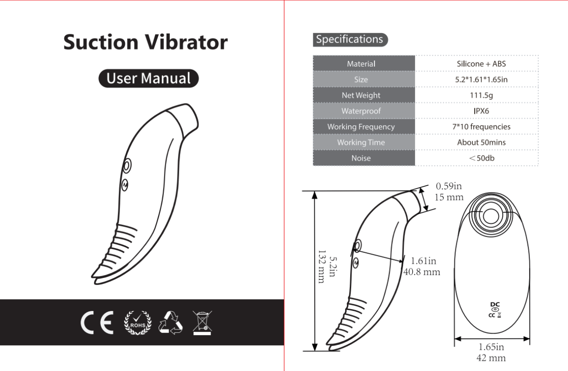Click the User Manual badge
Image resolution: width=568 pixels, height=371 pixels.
pyautogui.click(x=149, y=78)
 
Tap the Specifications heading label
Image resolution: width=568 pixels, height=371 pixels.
pyautogui.click(x=350, y=40)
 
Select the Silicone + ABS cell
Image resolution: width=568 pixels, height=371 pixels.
pyautogui.click(x=481, y=64)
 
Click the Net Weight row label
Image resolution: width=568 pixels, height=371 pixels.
pyautogui.click(x=361, y=95)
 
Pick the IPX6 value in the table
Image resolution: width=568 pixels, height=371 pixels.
pyautogui.click(x=481, y=111)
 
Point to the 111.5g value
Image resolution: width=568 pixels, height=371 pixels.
pyautogui.click(x=481, y=95)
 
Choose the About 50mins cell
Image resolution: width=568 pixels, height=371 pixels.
pyautogui.click(x=481, y=142)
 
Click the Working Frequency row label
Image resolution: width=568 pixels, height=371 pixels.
pyautogui.click(x=361, y=127)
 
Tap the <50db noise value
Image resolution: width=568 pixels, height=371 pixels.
pyautogui.click(x=481, y=158)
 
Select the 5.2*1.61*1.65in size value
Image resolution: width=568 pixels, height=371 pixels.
pyautogui.click(x=481, y=79)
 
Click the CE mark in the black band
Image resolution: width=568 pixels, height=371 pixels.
pyautogui.click(x=97, y=323)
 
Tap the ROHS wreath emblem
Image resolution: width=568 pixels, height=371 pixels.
pyautogui.click(x=138, y=323)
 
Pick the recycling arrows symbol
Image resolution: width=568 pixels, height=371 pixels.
pyautogui.click(x=170, y=323)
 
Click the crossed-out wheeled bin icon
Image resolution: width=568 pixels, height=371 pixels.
pyautogui.click(x=202, y=323)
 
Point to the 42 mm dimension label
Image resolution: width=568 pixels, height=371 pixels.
pyautogui.click(x=491, y=358)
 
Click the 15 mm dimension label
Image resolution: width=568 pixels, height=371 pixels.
pyautogui.click(x=449, y=197)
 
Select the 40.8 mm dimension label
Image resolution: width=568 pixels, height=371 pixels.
pyautogui.click(x=422, y=272)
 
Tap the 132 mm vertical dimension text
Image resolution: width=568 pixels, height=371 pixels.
pyautogui.click(x=321, y=267)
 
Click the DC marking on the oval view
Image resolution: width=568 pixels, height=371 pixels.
pyautogui.click(x=495, y=304)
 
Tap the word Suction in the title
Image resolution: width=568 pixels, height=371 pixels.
pyautogui.click(x=101, y=42)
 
